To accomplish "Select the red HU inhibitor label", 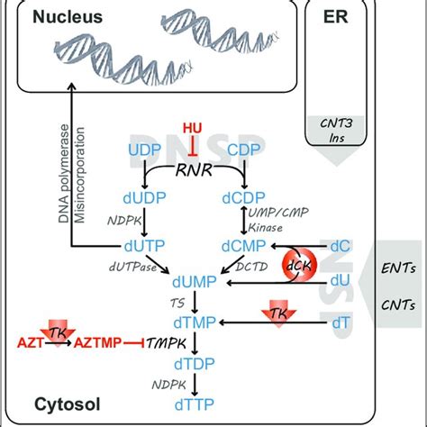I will (193, 129).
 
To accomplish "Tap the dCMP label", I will (238, 243).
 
